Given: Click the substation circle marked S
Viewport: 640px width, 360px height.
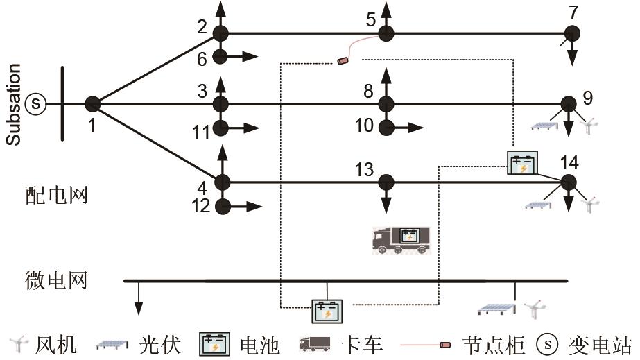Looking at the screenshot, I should point(35,104).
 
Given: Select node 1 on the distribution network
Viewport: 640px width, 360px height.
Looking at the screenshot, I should point(92,104).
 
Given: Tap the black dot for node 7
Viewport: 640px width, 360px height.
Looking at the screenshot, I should point(571,33).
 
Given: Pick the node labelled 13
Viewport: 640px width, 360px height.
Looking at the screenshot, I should point(386,182).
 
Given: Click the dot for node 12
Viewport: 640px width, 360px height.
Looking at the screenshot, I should point(221,206).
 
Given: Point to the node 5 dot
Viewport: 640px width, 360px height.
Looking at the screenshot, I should point(386,33).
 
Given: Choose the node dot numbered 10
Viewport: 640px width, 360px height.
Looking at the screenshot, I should point(386,128).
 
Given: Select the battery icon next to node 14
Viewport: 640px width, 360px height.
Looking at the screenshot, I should point(521,162).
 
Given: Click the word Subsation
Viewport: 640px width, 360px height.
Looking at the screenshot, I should point(13,105).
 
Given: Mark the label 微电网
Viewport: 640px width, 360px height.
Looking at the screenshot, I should point(55,281).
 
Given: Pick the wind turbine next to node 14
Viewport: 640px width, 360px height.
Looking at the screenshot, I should point(590,204).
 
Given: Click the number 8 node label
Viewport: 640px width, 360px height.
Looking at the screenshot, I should point(367,89).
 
